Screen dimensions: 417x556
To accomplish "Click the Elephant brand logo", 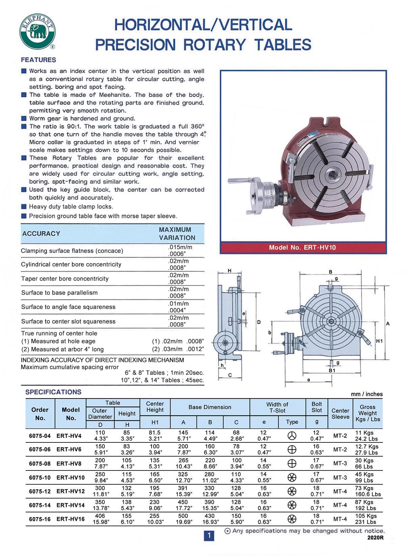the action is pos(37,32).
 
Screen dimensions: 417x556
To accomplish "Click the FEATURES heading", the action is pos(38,60).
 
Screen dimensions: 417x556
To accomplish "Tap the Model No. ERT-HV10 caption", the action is pos(303,247).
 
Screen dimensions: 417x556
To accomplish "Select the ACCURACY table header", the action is pos(41,233).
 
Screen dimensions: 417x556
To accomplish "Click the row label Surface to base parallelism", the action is pos(59,293).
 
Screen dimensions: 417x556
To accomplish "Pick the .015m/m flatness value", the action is pos(180,247).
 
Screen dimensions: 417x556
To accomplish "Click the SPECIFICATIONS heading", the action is pos(53,392).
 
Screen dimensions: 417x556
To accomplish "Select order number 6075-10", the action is pos(40,478).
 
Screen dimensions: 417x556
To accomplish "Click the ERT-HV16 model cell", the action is pos(71,519).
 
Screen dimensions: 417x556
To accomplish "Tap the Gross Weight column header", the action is pos(368,413).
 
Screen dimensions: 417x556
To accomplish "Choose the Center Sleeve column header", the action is pos(340,413).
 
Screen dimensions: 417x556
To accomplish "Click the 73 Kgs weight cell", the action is pos(364,488).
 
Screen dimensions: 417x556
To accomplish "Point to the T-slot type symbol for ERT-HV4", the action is pos(292,436).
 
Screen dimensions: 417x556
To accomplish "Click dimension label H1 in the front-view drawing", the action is pos(379,341).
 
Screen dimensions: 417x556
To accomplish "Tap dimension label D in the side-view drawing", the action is pos(259,322).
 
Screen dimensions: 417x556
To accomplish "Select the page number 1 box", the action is pos(209,535).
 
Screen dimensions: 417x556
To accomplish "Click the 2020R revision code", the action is pos(375,537).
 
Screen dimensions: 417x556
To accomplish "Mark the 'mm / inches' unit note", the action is pos(367,394).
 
